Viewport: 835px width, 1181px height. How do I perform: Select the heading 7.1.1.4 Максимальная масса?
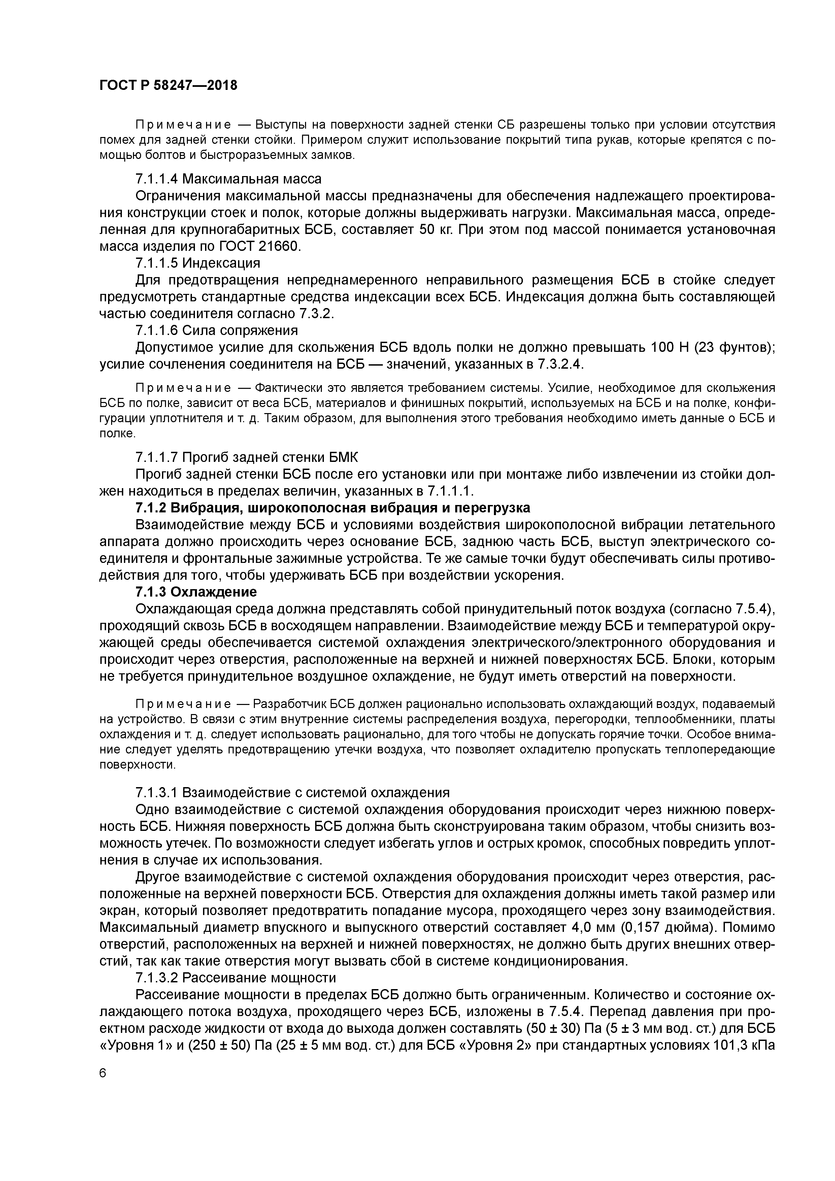tap(228, 179)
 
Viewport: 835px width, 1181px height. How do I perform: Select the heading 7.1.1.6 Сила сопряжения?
tap(216, 330)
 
